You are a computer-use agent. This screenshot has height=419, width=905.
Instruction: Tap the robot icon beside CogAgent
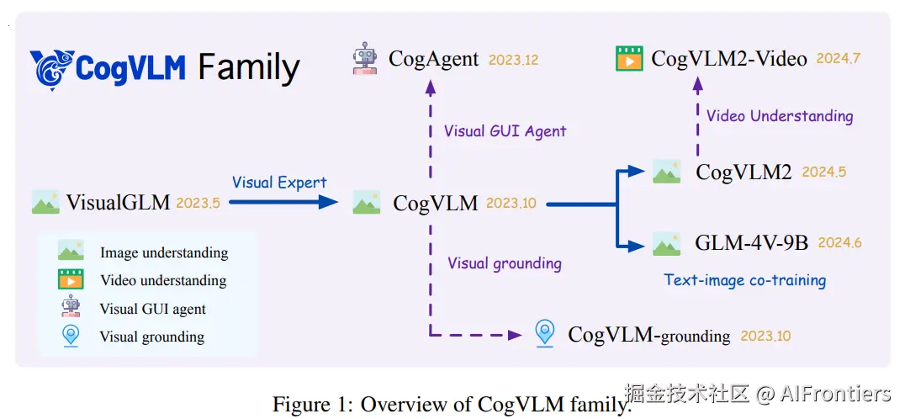(364, 59)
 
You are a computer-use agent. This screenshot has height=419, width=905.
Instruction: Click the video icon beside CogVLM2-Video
(629, 59)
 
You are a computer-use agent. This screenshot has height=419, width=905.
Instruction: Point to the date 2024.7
(838, 59)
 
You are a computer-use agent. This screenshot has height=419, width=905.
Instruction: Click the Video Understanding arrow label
(780, 116)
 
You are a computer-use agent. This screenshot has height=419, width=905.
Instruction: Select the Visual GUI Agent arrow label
(505, 131)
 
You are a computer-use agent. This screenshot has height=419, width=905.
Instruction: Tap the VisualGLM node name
(118, 203)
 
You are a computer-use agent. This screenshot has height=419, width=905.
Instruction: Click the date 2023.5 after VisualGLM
(198, 203)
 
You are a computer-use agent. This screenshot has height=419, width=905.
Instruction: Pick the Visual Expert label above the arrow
(279, 182)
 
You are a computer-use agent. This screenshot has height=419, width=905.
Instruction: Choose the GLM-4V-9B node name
(751, 243)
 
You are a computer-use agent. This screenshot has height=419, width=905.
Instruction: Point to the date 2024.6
(839, 243)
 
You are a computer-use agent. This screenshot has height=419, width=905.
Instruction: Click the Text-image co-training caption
(744, 280)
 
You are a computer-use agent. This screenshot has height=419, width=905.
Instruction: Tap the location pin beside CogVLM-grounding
(545, 334)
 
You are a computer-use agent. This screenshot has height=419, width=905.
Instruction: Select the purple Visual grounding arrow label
(504, 263)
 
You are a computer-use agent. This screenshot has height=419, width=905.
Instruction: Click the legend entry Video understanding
(163, 280)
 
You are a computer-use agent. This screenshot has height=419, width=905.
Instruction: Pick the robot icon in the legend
(71, 307)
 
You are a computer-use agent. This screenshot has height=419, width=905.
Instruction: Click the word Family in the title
(249, 68)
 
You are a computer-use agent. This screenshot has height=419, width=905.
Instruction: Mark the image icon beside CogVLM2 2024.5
(666, 172)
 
